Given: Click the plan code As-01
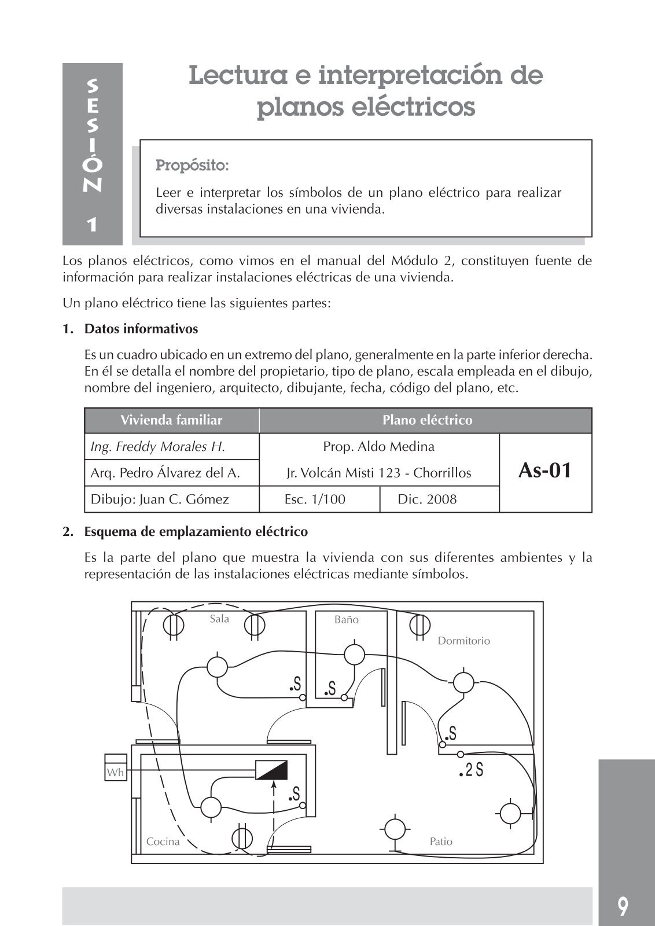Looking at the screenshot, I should pyautogui.click(x=544, y=471).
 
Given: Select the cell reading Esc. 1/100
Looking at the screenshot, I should pyautogui.click(x=315, y=499).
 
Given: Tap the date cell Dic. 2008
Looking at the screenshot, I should pyautogui.click(x=427, y=499).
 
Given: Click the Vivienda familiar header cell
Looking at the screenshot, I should pyautogui.click(x=171, y=420).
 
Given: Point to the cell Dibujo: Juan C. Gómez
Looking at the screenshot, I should pyautogui.click(x=160, y=499).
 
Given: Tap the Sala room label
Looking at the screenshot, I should pyautogui.click(x=219, y=619).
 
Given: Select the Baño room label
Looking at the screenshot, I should pyautogui.click(x=347, y=619).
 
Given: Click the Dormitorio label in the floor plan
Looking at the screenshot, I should pyautogui.click(x=463, y=641).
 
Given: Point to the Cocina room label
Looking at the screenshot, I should pyautogui.click(x=163, y=842).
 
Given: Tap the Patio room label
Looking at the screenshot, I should pyautogui.click(x=441, y=842).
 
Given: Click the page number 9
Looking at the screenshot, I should pyautogui.click(x=622, y=906).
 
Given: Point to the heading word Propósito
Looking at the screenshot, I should pyautogui.click(x=193, y=166).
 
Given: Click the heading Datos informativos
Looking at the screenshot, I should pyautogui.click(x=141, y=329).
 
